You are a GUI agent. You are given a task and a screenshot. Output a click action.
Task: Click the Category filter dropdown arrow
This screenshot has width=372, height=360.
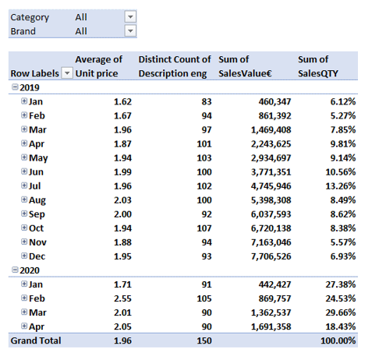(130, 17)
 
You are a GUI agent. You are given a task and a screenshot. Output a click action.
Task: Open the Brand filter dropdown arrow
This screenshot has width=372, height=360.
(130, 31)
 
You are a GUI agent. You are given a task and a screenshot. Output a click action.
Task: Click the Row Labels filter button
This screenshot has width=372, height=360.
(67, 73)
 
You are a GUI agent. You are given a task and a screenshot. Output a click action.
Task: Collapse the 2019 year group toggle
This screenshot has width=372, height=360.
(15, 87)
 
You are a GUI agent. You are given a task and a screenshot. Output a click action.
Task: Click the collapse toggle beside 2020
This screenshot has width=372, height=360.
(15, 270)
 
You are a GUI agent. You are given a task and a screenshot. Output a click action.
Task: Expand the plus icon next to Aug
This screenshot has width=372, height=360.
(24, 199)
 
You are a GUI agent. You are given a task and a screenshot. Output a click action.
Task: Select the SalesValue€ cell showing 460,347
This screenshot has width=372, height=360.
(275, 101)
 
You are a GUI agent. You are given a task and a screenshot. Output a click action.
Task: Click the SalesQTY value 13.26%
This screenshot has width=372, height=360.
(340, 186)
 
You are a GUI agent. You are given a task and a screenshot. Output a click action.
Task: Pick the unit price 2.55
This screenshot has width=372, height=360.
(122, 298)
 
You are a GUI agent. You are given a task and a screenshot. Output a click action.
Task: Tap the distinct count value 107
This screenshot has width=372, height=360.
(204, 228)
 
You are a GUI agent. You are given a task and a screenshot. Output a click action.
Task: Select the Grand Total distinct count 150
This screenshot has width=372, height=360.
(204, 341)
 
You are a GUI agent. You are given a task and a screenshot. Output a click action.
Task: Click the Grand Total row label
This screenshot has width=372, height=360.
(36, 341)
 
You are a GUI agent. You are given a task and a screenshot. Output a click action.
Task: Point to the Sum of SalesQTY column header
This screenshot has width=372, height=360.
(318, 66)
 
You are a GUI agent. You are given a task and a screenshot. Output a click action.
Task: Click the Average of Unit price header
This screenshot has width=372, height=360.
(99, 66)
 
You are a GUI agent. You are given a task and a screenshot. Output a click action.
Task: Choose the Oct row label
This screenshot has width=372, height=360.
(36, 228)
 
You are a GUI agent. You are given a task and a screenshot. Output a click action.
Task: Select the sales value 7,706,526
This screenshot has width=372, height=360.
(271, 256)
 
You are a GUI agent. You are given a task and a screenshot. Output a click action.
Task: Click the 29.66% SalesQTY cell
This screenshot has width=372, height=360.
(340, 312)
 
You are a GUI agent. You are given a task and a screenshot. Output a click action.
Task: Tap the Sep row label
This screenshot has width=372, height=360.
(37, 214)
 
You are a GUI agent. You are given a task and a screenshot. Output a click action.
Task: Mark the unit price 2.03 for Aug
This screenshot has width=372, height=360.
(122, 200)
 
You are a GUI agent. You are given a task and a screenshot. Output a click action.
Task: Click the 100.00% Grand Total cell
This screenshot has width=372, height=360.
(338, 341)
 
